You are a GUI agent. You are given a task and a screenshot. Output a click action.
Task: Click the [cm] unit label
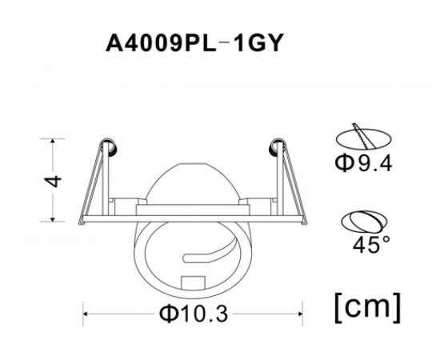click(365, 304)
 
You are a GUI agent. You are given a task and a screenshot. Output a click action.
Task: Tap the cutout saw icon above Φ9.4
click(364, 136)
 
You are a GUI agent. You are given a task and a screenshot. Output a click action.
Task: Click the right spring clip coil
click(278, 146)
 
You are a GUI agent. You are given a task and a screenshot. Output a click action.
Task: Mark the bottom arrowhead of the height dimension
click(53, 218)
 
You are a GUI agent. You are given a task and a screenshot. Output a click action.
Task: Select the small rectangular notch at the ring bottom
click(193, 282)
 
